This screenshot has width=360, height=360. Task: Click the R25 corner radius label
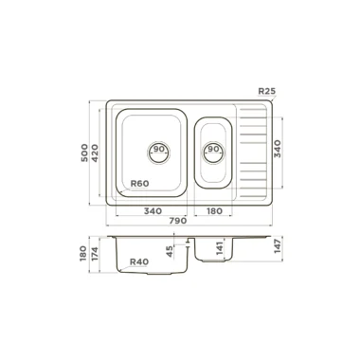coord(267,91)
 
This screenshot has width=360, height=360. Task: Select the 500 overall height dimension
coord(84,153)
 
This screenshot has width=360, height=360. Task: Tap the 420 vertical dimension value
coord(95,153)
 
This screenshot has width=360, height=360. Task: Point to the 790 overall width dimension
coord(178,221)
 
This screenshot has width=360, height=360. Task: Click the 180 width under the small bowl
coord(214,210)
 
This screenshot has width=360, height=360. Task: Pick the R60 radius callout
coord(139,183)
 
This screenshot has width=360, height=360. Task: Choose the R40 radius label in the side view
coord(139,261)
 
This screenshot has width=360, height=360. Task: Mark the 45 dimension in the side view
coord(170,251)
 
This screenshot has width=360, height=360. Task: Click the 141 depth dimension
coord(220,246)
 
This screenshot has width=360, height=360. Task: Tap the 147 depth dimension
coord(277,246)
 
